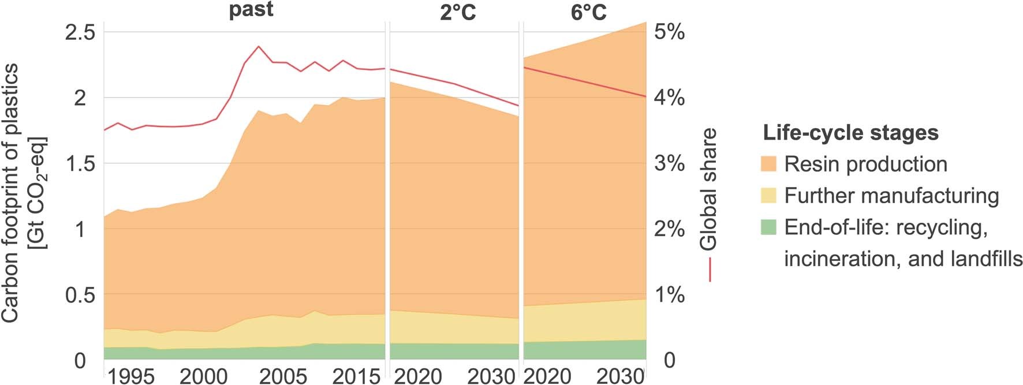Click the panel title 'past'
coord(251,10)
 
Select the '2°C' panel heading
coord(458,13)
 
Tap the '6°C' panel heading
coord(589,13)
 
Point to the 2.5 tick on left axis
coord(80,32)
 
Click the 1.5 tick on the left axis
coord(80,164)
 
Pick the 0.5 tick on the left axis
coord(80,296)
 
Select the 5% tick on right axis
coord(669,32)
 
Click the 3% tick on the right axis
coord(669,164)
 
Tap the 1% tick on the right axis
coord(669,296)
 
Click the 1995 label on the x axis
coord(131,376)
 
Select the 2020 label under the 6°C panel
coord(547,376)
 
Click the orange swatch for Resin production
coord(768,164)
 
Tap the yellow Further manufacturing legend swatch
coord(768,196)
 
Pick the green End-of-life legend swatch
coord(768,227)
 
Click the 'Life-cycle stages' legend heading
coord(850,133)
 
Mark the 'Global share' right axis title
coord(708,189)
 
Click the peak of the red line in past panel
coord(258,46)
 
